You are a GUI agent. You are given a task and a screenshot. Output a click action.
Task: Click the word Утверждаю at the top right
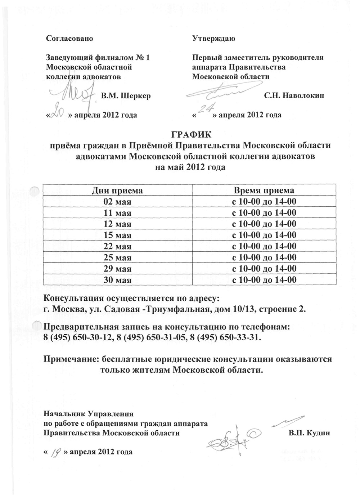214,38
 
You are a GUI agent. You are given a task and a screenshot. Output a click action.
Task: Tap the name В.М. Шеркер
126,96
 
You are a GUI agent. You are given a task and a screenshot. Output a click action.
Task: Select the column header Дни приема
117,191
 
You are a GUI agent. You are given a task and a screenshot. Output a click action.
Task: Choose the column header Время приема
264,191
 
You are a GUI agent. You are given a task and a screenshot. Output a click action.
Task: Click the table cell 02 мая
117,202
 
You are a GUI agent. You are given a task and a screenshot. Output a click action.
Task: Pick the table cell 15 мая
117,235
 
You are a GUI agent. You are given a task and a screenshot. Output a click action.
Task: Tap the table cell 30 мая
117,280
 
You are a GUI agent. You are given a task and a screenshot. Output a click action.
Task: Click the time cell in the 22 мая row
264,246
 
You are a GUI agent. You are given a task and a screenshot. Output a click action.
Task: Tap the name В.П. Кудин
309,433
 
